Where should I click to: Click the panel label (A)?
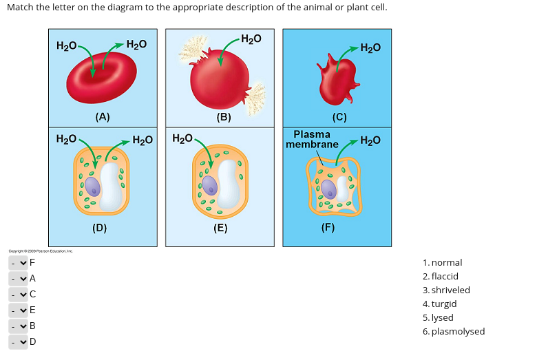tap(103, 116)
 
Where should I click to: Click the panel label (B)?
tap(223, 116)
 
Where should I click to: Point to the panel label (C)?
tap(339, 116)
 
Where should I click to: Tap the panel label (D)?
tap(100, 228)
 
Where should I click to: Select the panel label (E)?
tap(220, 228)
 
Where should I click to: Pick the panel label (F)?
tap(328, 228)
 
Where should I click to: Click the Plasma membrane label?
tap(312, 139)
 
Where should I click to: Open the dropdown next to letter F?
tap(18, 262)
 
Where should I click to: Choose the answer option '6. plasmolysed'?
tap(454, 331)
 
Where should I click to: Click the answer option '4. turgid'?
tap(440, 304)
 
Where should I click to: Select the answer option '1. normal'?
tap(443, 262)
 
